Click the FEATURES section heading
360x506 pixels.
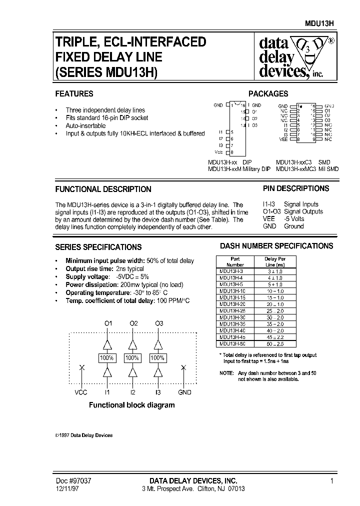pos(74,93)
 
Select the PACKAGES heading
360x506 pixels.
pos(268,93)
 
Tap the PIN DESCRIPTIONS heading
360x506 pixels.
pos(296,188)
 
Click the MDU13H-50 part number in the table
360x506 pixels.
pos(231,344)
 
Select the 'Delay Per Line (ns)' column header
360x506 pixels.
pos(274,261)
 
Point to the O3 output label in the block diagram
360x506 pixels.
pos(159,323)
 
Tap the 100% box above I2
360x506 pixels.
pos(132,358)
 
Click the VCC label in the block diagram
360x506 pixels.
pos(81,392)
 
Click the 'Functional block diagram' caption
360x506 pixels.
pos(131,405)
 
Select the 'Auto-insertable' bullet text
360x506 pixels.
pos(85,125)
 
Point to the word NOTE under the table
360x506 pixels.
pos(226,373)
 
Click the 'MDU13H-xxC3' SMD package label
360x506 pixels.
pos(294,162)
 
